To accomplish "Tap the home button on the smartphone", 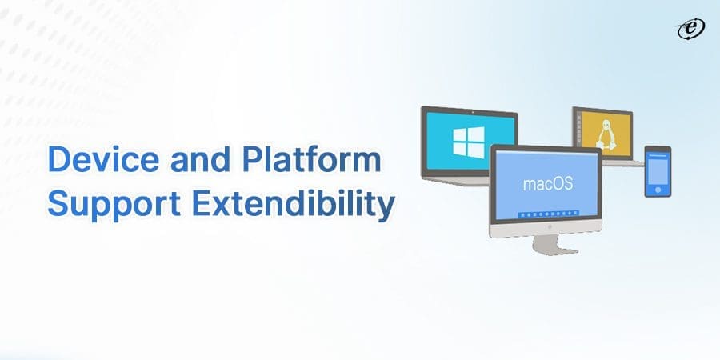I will (658, 189).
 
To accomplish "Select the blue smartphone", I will (658, 170).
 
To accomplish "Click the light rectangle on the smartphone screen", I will (658, 168).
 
